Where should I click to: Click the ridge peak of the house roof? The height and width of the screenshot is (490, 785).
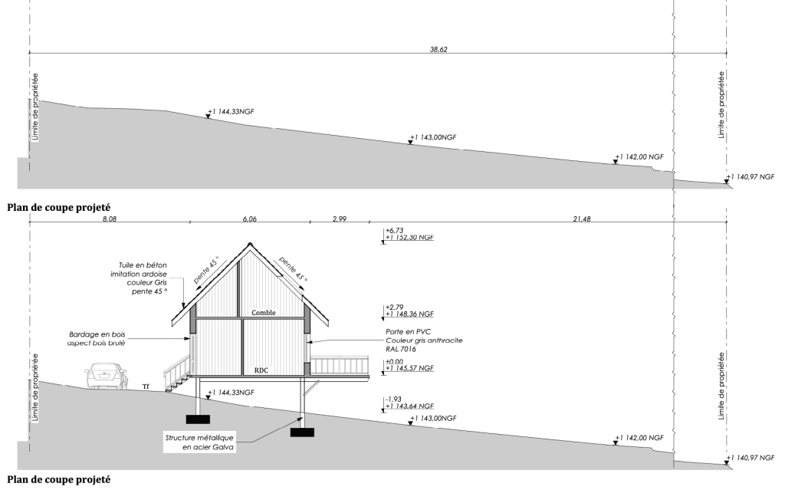[249, 243]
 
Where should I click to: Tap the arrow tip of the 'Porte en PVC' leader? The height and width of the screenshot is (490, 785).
[307, 342]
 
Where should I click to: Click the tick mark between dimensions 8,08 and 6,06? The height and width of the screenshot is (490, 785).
[190, 221]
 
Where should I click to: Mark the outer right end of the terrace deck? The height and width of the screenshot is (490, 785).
[369, 377]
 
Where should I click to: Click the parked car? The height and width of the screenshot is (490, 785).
[106, 377]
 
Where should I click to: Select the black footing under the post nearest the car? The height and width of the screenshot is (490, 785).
[198, 419]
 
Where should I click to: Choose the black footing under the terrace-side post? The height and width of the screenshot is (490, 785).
[302, 432]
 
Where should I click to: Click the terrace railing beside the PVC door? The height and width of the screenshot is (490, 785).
[340, 365]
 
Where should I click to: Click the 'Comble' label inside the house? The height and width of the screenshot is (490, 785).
[264, 313]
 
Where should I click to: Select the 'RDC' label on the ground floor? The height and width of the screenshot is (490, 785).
[261, 370]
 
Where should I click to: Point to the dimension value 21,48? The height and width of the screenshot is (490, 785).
[582, 219]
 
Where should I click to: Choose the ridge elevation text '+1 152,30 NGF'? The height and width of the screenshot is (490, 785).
[409, 238]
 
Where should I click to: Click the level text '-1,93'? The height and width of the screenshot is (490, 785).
[394, 400]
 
